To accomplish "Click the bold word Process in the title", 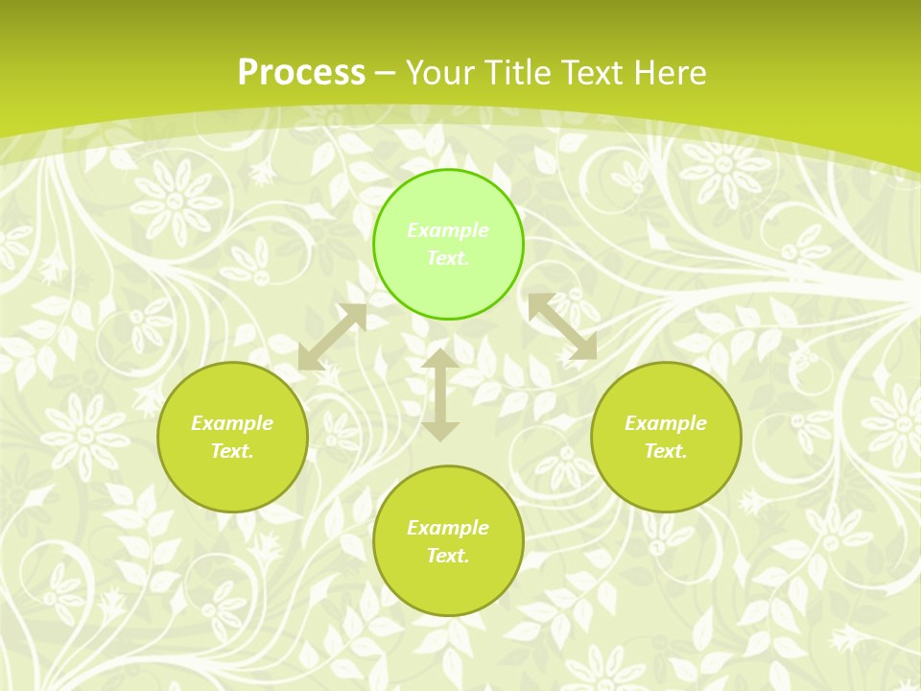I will pos(301,73).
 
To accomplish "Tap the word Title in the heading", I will pos(516,73).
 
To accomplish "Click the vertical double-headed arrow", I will pos(440,394).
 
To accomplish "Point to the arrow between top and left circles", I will pos(332,337).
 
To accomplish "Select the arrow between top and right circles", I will pos(562,326).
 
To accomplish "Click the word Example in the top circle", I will pos(448,230).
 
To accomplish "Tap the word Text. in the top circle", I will pos(448,258).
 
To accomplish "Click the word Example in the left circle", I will pos(232,423).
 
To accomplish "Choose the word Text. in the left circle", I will pos(232,451).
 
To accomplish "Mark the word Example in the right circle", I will pos(666,423).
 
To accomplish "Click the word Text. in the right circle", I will pos(666,451).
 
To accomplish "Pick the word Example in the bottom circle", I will pos(448,528).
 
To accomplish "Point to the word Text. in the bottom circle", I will pos(448,556).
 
